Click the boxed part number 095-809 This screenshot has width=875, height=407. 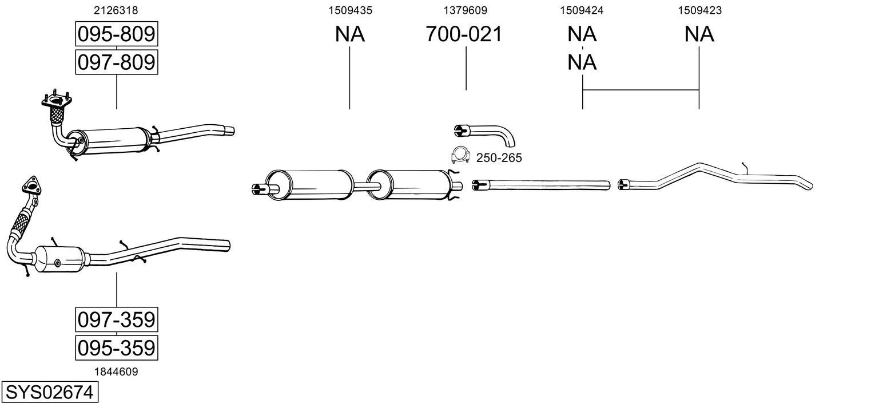[x=117, y=34]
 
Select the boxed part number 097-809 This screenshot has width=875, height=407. [x=117, y=62]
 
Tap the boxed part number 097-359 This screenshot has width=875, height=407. [x=117, y=319]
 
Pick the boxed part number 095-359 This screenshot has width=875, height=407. [x=117, y=347]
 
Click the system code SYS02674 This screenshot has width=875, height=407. [x=50, y=392]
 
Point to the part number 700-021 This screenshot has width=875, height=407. [x=464, y=34]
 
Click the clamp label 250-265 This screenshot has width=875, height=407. [x=499, y=158]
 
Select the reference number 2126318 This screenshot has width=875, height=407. [x=116, y=10]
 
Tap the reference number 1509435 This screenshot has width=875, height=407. [x=351, y=10]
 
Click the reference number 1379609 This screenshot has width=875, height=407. [x=465, y=10]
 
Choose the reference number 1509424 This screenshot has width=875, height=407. [x=582, y=10]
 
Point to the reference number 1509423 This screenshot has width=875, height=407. [x=699, y=10]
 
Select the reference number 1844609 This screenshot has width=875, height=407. [x=116, y=372]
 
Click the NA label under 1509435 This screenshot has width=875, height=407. [x=350, y=34]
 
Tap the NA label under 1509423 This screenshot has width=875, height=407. [x=699, y=34]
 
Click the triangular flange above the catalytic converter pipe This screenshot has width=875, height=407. [x=31, y=185]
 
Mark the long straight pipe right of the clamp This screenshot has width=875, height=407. [x=541, y=185]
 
